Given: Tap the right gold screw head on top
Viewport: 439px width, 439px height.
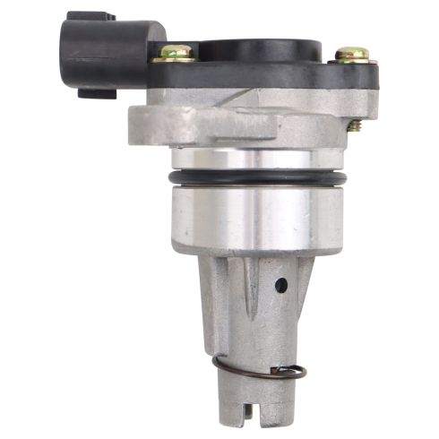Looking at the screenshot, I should (x=352, y=54).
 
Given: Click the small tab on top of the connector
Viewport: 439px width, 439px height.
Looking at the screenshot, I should (x=90, y=16).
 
